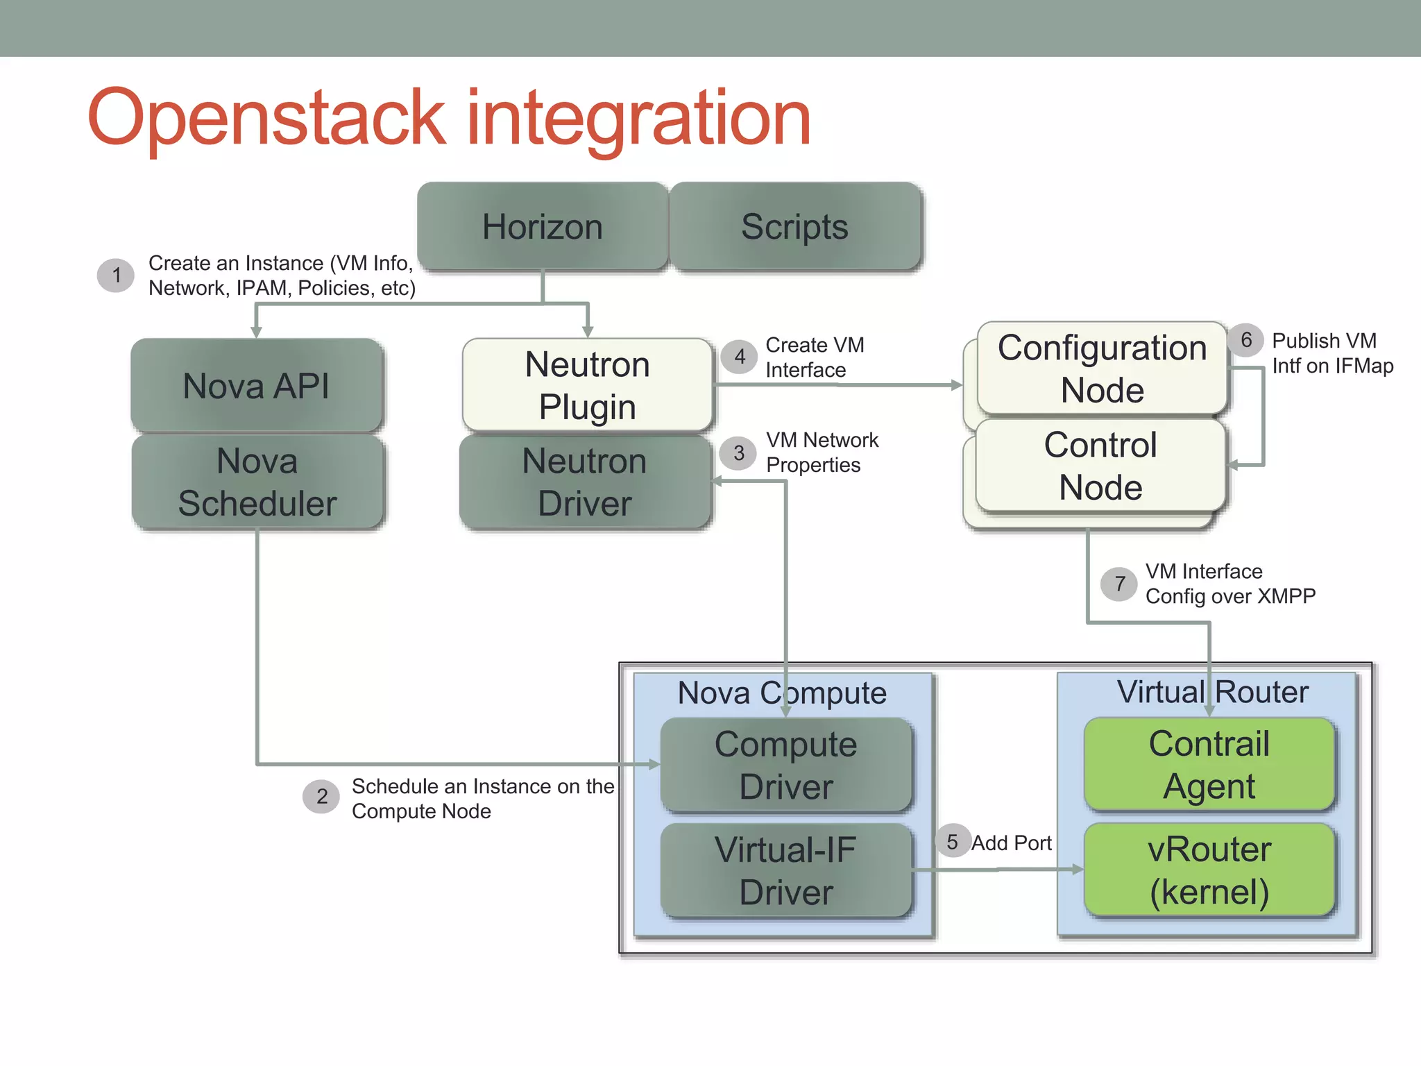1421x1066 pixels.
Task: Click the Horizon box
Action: point(542,226)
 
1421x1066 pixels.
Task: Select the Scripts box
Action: point(794,226)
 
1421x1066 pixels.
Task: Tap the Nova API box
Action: point(256,385)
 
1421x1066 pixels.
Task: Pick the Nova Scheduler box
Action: point(257,482)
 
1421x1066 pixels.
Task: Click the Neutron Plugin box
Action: point(587,384)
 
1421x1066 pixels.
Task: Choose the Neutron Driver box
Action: point(585,482)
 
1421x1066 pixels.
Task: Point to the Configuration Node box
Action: point(1102,368)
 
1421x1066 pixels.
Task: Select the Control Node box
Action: point(1100,465)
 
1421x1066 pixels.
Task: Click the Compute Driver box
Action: point(785,765)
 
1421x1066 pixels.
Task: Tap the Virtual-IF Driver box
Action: point(785,870)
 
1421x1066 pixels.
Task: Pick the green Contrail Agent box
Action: point(1209,764)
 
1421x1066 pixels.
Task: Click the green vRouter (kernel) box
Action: point(1209,870)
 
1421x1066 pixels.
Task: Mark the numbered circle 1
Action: point(116,276)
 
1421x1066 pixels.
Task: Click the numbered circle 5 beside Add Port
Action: point(953,841)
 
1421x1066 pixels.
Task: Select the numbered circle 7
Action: point(1119,584)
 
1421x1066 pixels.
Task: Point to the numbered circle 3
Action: point(739,453)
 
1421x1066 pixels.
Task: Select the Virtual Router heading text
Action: point(1212,691)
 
